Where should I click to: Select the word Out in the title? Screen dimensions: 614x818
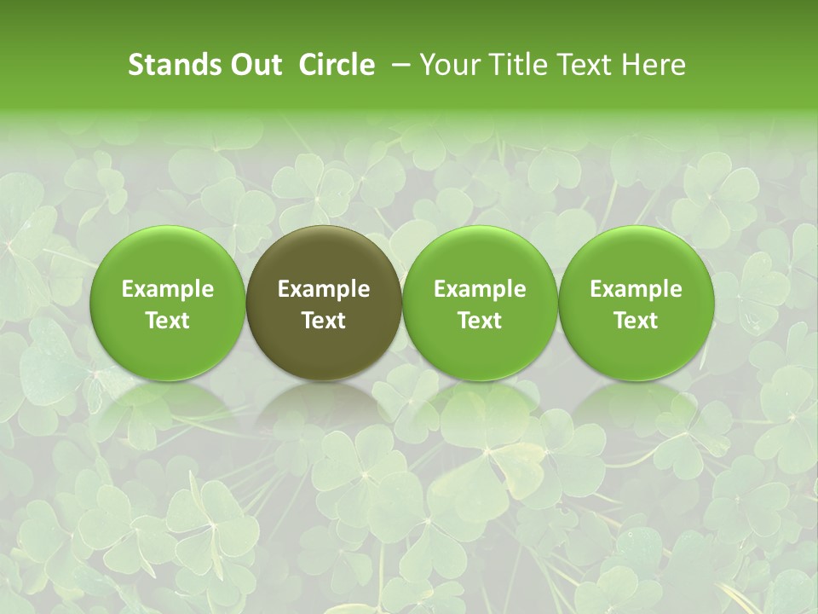[x=253, y=65]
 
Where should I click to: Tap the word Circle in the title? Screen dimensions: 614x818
[x=337, y=65]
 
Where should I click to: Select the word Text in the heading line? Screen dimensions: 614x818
[x=580, y=65]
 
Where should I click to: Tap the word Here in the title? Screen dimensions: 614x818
[x=652, y=65]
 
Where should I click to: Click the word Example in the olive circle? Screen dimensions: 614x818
[x=324, y=289]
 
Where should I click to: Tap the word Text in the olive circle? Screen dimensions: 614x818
[x=324, y=321]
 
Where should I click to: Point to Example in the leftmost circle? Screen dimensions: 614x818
[x=168, y=289]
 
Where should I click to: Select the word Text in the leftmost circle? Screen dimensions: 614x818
[x=168, y=321]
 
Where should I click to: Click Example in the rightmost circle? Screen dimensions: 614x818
[x=636, y=289]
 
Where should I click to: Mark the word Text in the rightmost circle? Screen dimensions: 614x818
[x=636, y=321]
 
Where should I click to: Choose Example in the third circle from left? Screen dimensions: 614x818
[x=480, y=289]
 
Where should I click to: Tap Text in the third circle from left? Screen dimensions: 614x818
[x=480, y=321]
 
